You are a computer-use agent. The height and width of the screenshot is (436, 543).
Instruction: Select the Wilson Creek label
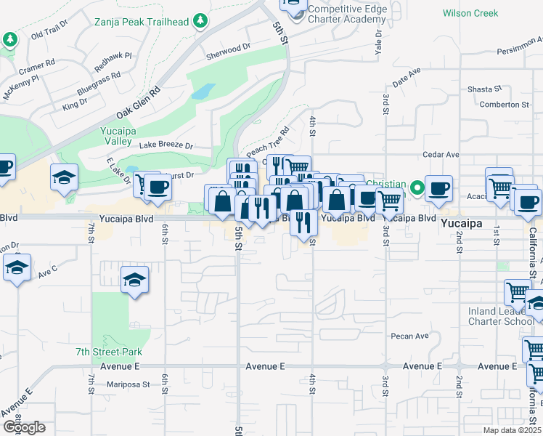(x=470, y=13)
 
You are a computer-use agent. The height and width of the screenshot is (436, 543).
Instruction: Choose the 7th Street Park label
(x=109, y=352)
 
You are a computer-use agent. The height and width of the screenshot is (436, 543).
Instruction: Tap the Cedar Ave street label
(x=442, y=155)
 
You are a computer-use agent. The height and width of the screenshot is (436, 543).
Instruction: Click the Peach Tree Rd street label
(x=268, y=142)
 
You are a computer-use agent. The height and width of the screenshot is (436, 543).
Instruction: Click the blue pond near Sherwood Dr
(x=203, y=92)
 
